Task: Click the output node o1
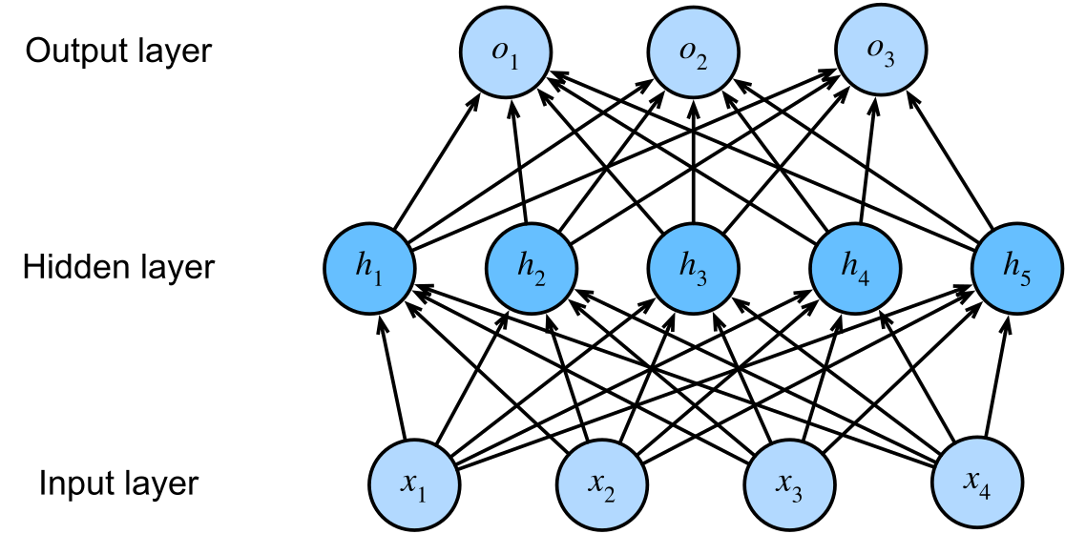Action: point(506,52)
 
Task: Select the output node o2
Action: point(693,52)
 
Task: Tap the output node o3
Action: point(880,52)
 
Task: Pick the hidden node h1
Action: point(368,267)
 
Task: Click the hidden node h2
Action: point(532,267)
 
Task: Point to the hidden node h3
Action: point(693,267)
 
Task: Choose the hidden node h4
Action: point(855,267)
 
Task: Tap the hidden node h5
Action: point(1016,267)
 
